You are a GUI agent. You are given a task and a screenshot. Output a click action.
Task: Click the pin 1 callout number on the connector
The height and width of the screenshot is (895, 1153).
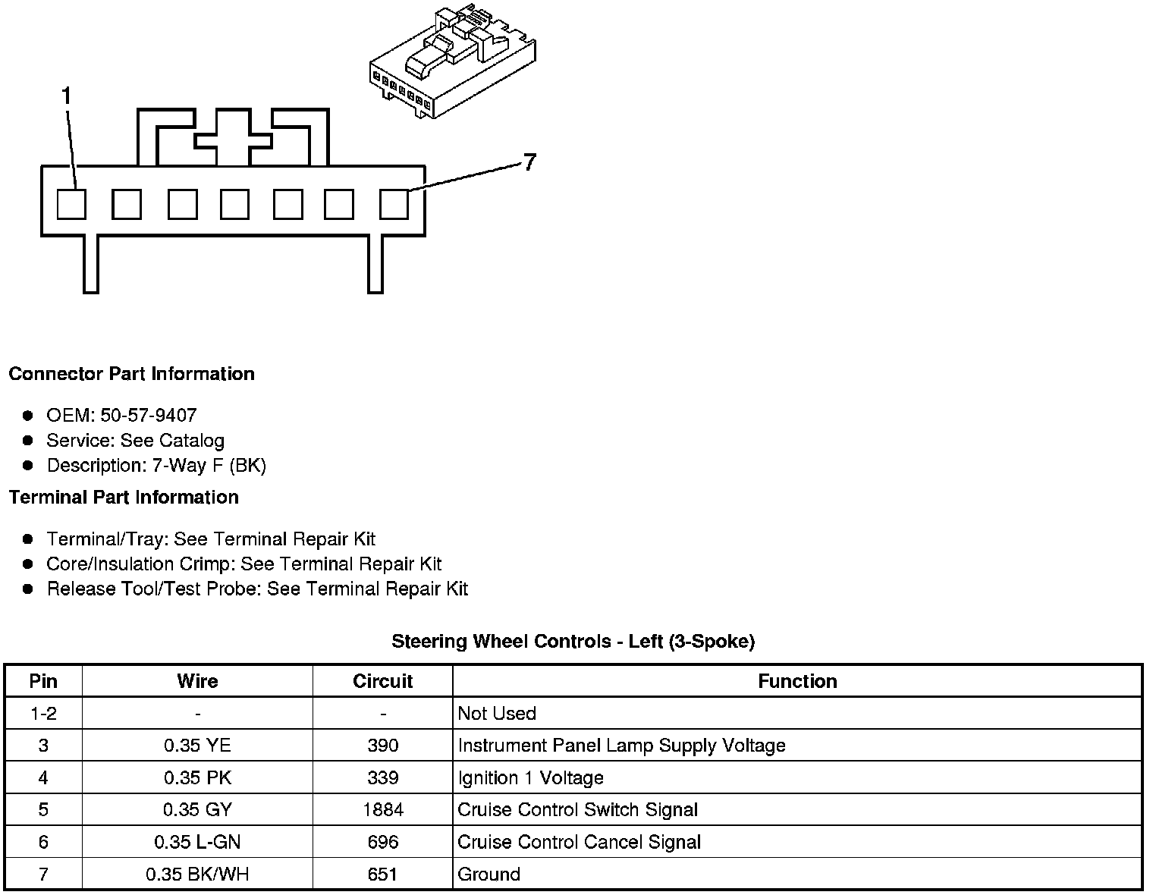67,96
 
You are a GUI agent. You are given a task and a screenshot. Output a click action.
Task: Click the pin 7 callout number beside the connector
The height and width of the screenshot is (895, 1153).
529,162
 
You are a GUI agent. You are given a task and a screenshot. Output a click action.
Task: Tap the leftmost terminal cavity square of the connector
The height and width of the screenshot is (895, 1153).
72,204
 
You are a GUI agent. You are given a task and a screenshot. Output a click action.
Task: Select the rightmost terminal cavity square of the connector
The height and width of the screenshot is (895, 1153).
394,204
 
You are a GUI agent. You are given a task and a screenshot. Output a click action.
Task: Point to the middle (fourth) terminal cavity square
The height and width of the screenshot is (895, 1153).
235,204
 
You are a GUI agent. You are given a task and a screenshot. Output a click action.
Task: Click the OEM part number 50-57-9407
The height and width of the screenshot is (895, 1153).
148,416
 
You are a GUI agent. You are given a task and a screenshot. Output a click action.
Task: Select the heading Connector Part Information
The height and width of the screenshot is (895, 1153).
131,374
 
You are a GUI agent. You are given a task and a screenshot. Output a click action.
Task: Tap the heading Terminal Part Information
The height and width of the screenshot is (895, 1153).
124,498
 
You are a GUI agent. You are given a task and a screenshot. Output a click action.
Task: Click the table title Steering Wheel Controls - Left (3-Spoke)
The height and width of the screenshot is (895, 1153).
573,642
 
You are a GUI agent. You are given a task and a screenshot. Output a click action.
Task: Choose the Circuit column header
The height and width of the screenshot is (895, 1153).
382,681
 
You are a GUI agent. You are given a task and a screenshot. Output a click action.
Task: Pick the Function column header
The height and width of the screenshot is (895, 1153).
797,681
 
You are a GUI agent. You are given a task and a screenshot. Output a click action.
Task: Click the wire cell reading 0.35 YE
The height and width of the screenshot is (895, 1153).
197,746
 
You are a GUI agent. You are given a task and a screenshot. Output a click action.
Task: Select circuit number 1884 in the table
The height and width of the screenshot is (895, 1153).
382,810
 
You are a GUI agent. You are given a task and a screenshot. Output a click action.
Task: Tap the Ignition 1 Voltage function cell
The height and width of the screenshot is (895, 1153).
530,778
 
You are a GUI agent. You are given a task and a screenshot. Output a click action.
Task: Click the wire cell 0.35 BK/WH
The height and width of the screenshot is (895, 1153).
197,875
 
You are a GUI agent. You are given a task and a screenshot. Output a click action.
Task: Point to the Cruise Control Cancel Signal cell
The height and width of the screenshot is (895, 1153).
579,843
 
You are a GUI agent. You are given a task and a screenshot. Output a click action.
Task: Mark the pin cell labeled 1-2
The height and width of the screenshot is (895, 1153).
43,714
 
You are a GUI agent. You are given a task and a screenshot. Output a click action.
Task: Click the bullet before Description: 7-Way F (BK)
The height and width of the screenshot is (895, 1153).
28,465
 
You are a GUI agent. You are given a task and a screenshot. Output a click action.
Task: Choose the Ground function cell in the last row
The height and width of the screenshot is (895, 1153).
489,875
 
